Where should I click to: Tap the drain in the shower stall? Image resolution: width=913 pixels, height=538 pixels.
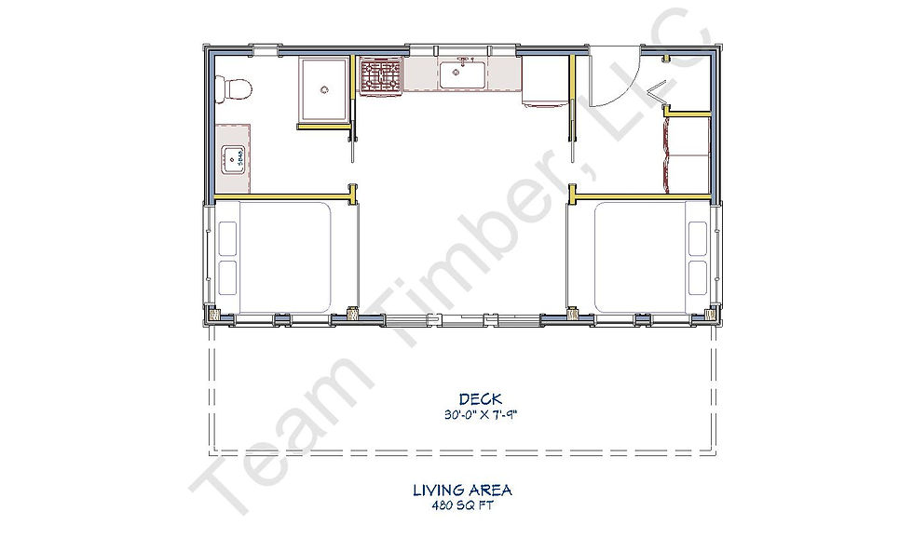[324, 89]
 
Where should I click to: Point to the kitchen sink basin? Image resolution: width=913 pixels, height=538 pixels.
[462, 75]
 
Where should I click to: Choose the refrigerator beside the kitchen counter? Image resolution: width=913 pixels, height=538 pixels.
[544, 82]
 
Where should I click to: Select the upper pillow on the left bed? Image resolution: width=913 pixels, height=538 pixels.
[227, 238]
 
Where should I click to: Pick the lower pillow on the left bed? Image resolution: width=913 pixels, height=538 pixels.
[227, 278]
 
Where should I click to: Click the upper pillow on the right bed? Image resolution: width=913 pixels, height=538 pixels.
[698, 238]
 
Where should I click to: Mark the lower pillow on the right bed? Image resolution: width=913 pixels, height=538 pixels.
[698, 278]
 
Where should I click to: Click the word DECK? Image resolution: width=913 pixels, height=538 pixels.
[481, 399]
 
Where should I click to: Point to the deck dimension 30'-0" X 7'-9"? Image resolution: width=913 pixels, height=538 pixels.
[481, 415]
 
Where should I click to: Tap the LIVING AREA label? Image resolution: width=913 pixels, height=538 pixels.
[463, 491]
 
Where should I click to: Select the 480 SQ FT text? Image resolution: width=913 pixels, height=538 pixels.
[462, 505]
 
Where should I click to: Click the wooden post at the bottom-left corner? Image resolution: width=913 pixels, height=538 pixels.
[213, 316]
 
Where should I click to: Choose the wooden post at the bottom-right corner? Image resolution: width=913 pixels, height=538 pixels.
[709, 315]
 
